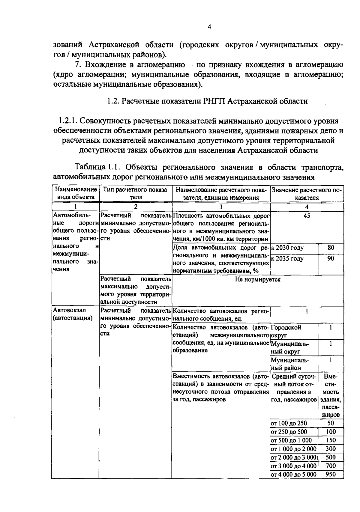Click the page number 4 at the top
point(209,27)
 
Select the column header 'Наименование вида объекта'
point(75,193)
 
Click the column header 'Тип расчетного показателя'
point(136,193)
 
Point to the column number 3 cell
point(221,207)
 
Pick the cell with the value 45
point(307,216)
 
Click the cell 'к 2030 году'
point(287,248)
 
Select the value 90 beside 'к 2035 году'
point(331,258)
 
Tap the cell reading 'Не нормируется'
point(258,280)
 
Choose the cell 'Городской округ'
point(286,331)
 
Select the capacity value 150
point(331,440)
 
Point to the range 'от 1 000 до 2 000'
point(293,449)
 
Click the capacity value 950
point(331,474)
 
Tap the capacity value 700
point(331,466)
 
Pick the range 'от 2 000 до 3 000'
point(293,457)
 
